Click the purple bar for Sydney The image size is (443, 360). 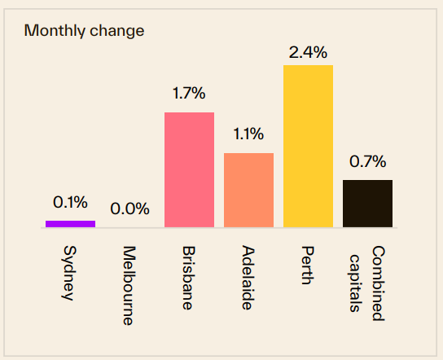coord(70,223)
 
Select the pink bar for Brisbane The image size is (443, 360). coord(189,169)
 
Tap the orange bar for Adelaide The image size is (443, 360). coord(248,190)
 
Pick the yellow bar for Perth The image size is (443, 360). coord(308,146)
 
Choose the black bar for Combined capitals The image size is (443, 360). coord(367,204)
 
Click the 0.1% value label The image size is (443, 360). coord(70,202)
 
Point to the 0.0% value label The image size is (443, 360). coord(129,209)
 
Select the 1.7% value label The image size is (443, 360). coord(189,93)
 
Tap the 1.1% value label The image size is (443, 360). coord(248,134)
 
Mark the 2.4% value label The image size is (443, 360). coord(308,53)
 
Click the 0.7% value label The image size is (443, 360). coord(367,161)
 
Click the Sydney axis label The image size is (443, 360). coord(69,272)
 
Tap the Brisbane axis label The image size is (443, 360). coord(188,278)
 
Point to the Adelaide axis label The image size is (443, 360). coord(248,278)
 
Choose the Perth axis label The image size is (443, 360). coord(307,264)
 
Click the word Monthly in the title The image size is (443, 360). coord(50,31)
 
